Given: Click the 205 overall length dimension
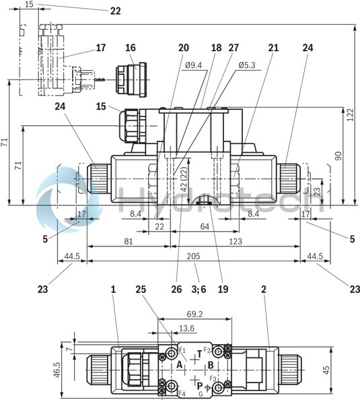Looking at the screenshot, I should pyautogui.click(x=194, y=256).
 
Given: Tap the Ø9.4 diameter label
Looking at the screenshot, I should pyautogui.click(x=193, y=65).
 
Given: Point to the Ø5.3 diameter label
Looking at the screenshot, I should pyautogui.click(x=247, y=65).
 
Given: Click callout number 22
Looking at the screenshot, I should pyautogui.click(x=115, y=11).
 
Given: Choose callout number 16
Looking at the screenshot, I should pyautogui.click(x=130, y=48).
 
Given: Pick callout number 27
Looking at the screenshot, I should pyautogui.click(x=233, y=48).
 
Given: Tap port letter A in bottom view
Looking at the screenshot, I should pyautogui.click(x=180, y=364).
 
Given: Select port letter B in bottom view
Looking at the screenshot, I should pyautogui.click(x=210, y=364).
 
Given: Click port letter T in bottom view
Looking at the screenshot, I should pyautogui.click(x=199, y=353).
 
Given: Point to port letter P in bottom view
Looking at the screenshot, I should pyautogui.click(x=199, y=385).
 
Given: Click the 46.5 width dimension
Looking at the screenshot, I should pyautogui.click(x=57, y=369).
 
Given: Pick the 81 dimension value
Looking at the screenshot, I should pyautogui.click(x=127, y=241).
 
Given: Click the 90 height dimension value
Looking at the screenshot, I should pyautogui.click(x=339, y=156).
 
